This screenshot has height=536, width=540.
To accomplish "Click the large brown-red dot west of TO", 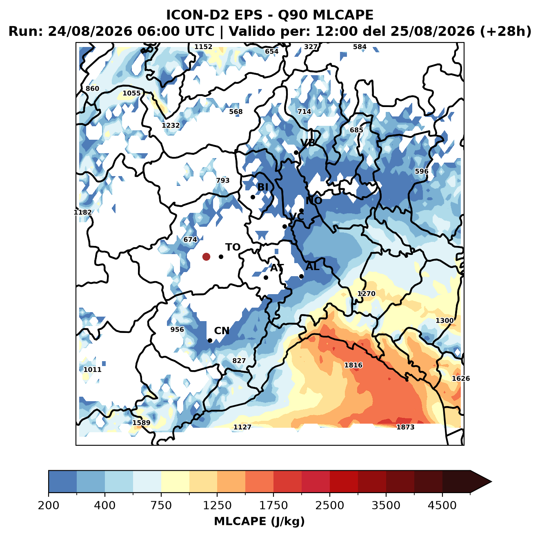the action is (206, 257).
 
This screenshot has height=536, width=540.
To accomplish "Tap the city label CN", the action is (222, 331).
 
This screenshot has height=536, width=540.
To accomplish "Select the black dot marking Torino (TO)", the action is (221, 257).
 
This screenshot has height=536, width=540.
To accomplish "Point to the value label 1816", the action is (353, 365).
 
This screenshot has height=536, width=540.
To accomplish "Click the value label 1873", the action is (405, 427).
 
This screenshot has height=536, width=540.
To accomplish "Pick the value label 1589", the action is (141, 422).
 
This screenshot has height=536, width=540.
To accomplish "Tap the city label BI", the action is (262, 187).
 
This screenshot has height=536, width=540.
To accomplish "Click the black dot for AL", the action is (301, 276).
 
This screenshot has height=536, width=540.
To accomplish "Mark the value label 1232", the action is (171, 125).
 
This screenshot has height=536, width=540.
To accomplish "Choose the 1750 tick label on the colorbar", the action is (273, 505).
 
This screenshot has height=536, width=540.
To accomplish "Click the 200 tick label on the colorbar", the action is (49, 505).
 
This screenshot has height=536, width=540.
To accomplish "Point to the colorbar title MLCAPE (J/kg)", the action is (259, 521).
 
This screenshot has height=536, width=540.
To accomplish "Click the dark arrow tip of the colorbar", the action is (491, 482).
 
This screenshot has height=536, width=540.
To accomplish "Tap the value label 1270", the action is (366, 294).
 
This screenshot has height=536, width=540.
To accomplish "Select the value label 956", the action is (177, 330).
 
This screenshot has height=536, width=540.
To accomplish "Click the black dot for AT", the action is (266, 278).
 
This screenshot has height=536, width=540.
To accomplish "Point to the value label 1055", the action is (131, 93).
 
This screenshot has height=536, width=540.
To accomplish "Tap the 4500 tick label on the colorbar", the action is (442, 505).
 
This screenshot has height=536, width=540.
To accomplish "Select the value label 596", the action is (422, 171).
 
